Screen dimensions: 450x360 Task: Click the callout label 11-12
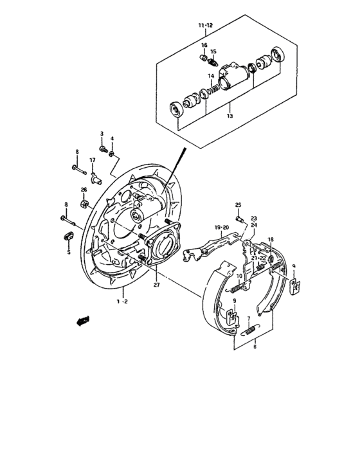pyautogui.click(x=206, y=26)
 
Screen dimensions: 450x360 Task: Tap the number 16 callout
pyautogui.click(x=204, y=45)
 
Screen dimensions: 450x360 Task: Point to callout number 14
pyautogui.click(x=210, y=76)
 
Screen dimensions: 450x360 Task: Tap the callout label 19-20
pyautogui.click(x=222, y=227)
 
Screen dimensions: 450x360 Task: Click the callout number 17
pyautogui.click(x=92, y=160)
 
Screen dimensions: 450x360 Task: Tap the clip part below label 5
pyautogui.click(x=67, y=239)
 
